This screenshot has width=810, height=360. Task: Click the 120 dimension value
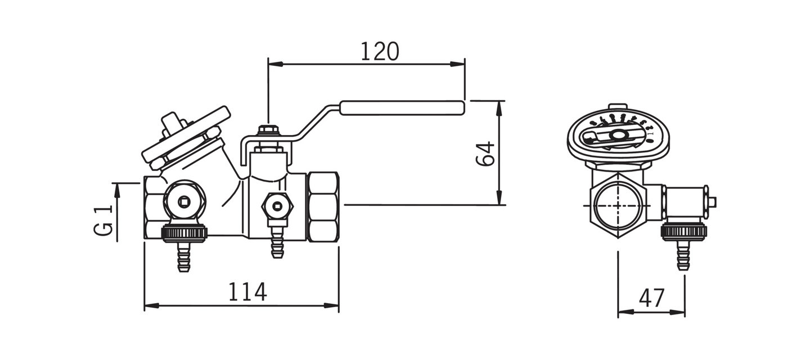tap(379, 51)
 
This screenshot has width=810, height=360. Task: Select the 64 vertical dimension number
tap(485, 153)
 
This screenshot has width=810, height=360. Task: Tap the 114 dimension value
tap(247, 292)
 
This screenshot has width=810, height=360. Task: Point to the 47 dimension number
tap(651, 298)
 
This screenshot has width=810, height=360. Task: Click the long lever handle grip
tap(402, 107)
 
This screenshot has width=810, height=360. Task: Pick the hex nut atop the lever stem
tap(269, 131)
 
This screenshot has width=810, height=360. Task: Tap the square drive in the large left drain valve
tap(184, 201)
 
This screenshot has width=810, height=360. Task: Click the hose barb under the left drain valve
tap(183, 258)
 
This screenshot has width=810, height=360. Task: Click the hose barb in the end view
tap(683, 256)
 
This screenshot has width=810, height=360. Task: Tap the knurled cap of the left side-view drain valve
tap(184, 232)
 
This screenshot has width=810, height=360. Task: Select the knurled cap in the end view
tap(683, 231)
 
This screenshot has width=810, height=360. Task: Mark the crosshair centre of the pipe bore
tap(618, 205)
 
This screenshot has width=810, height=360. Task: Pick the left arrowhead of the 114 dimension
tap(150, 307)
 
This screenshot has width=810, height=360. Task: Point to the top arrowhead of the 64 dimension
tap(499, 106)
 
